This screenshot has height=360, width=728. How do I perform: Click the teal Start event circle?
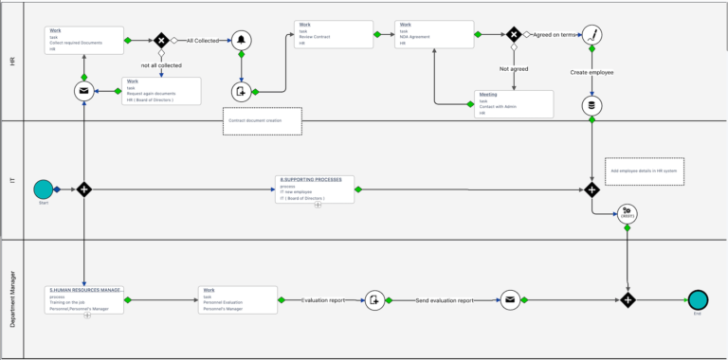pos(43,189)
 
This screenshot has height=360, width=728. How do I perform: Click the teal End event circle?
pos(699,299)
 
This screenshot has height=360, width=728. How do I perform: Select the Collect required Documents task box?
pos(84,39)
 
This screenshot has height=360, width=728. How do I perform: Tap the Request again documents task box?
pos(161,90)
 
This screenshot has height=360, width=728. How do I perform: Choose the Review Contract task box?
pos(333,34)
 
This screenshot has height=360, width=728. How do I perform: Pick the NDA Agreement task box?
pos(433,34)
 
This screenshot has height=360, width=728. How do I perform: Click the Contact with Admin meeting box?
pos(514,103)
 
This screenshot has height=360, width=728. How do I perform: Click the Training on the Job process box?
pos(85,299)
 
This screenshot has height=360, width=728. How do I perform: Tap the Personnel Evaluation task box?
pos(237,299)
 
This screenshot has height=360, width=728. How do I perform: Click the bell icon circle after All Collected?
pos(243,40)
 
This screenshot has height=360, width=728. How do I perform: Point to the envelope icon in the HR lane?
pos(85,91)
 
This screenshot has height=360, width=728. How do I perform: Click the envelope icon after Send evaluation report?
pos(511,299)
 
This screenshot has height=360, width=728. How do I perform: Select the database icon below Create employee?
pos(592,104)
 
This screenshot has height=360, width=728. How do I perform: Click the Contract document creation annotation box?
pos(263,121)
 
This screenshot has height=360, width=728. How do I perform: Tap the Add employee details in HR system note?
pos(646,171)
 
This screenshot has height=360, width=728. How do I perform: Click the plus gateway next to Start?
pos(84,189)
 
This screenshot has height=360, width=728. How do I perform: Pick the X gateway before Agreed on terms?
pos(514,34)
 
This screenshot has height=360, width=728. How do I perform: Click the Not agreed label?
pos(514,69)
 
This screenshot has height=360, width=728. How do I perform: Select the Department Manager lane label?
pos(12,298)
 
